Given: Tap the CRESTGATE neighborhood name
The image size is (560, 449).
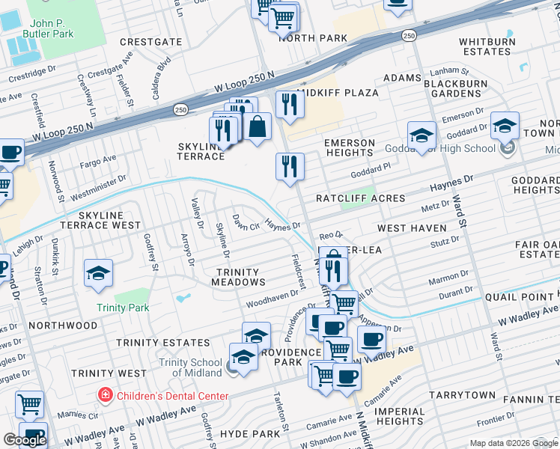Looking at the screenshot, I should [150, 42].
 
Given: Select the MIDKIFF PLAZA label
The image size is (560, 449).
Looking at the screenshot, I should [338, 93].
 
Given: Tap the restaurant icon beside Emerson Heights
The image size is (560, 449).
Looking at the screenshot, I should [290, 167].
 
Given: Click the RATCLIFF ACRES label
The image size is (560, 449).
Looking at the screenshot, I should [360, 198].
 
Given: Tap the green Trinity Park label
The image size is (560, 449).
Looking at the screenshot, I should [123, 308].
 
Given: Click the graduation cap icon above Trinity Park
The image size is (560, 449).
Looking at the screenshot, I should [98, 274].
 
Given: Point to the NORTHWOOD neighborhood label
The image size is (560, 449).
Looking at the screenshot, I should [64, 326].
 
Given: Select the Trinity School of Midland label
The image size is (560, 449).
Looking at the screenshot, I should [191, 367].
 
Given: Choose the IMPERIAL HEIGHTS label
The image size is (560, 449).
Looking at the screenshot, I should [399, 416].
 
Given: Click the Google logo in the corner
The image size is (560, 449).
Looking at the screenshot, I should [25, 440].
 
